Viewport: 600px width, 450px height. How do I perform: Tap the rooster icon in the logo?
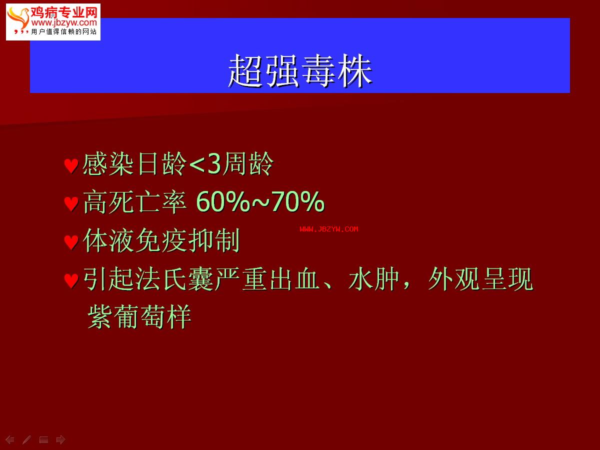[18, 19]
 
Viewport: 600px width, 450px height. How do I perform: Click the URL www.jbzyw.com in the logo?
[64, 22]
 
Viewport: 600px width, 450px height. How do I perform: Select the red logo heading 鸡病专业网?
[64, 12]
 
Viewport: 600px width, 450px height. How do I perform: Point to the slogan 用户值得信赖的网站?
[64, 31]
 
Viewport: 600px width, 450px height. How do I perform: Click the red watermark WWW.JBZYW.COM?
[329, 229]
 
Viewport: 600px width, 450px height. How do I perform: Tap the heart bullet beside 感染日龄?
[71, 166]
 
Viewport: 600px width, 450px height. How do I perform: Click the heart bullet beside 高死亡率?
[71, 204]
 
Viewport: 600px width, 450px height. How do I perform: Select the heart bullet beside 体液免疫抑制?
[71, 242]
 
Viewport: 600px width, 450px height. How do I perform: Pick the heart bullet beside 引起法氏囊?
[71, 280]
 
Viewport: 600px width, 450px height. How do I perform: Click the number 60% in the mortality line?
[223, 201]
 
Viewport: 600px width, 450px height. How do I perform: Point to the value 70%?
[298, 201]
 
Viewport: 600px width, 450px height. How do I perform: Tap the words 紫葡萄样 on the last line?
[139, 317]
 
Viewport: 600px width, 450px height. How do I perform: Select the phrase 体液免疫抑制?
[161, 240]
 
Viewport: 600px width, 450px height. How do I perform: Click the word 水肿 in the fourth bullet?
[373, 278]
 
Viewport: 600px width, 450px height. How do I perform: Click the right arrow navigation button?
[60, 439]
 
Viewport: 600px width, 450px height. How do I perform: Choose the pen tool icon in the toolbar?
[27, 439]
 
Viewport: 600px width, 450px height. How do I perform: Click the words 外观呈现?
[480, 278]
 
